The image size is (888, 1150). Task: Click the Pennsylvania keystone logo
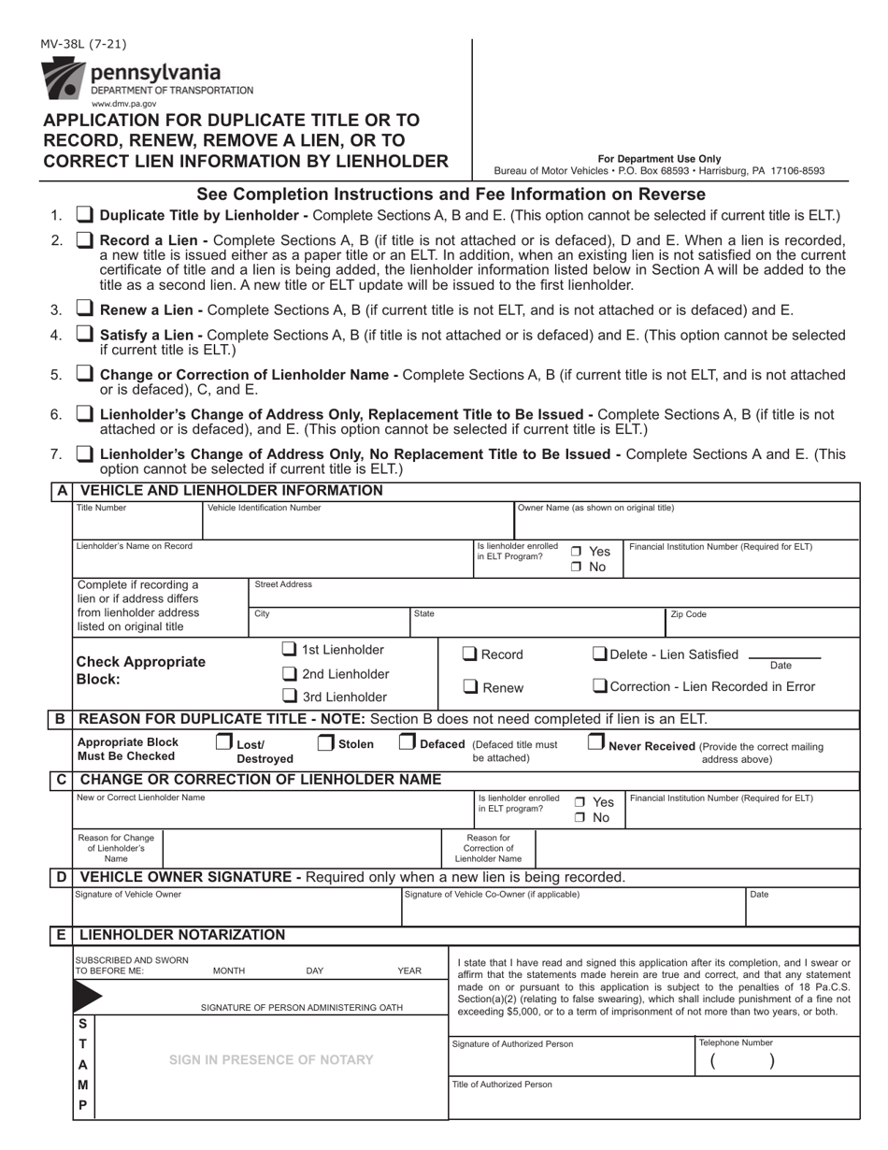coord(63,79)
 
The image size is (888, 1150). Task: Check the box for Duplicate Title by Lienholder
coord(84,214)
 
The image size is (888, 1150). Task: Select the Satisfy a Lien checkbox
coord(84,334)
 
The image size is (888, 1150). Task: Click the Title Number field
coord(137,521)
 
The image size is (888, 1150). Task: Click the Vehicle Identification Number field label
coord(264,508)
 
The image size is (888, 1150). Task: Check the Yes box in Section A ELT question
coord(577,552)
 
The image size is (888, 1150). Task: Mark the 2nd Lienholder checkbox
coord(290,674)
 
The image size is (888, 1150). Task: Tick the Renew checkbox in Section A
coord(472,687)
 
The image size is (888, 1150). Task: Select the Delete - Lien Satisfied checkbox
coord(601,654)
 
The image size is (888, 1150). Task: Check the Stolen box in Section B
coord(325,744)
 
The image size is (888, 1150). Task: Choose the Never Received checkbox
coord(595,743)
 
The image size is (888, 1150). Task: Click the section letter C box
coord(61,780)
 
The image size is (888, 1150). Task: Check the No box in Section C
coord(580,818)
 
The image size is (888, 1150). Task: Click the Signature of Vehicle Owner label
coord(128,894)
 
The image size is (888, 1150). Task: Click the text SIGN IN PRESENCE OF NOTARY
coord(271,1060)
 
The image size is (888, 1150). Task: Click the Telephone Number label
coord(736,1042)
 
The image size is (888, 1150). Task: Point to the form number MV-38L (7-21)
coord(83,44)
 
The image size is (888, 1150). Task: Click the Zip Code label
coord(689,614)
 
